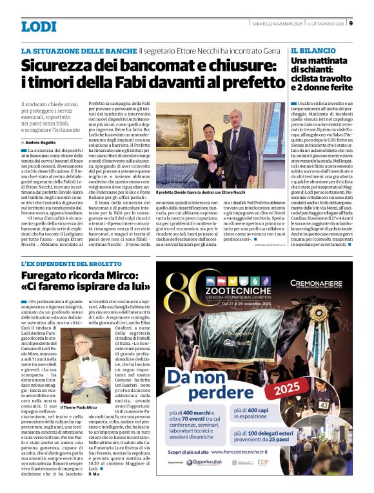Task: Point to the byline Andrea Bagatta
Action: tap(42, 142)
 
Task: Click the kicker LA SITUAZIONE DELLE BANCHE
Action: tap(79, 50)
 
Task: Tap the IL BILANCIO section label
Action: tap(313, 50)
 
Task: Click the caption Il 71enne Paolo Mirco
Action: tap(79, 408)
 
